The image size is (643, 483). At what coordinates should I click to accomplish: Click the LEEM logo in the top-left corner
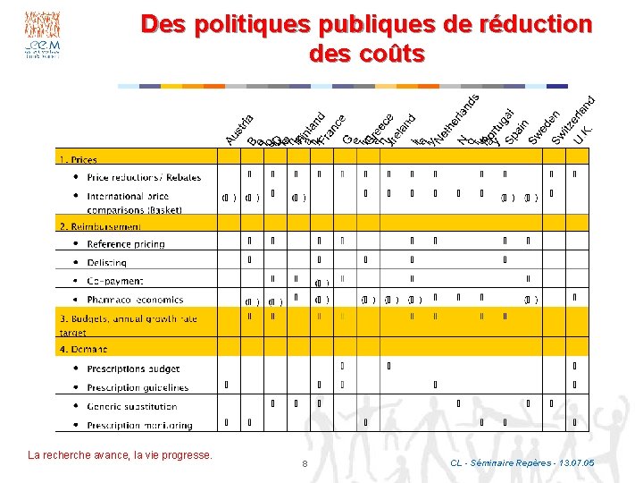tap(43, 36)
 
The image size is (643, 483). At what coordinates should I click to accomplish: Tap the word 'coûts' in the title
tap(389, 54)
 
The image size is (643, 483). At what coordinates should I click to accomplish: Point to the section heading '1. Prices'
tap(79, 159)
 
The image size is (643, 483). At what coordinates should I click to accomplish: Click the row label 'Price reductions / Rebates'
tap(144, 177)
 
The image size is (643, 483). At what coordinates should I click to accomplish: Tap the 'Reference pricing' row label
tap(126, 244)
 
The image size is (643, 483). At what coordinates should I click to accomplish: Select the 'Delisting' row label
tap(106, 263)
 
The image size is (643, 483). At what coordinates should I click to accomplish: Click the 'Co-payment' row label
tap(116, 281)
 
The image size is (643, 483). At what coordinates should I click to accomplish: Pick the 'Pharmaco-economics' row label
tap(135, 300)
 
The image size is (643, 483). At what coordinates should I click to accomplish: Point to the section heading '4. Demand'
tap(84, 349)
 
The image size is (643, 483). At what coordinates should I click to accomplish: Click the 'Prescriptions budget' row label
tap(133, 369)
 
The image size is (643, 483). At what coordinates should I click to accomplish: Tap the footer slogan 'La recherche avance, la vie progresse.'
tap(121, 455)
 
